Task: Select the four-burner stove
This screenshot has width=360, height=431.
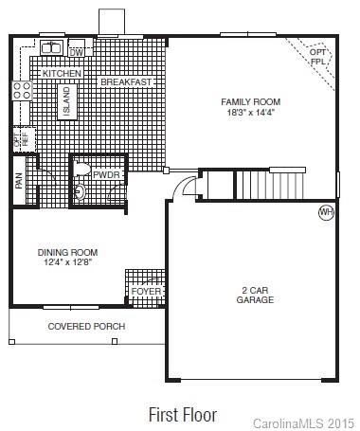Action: (x=20, y=91)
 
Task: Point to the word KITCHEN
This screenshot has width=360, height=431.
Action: (x=62, y=73)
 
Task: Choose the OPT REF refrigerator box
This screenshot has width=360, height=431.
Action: (x=19, y=140)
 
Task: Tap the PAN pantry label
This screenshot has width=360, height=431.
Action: (x=19, y=181)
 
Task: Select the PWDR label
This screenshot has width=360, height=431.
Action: (x=105, y=174)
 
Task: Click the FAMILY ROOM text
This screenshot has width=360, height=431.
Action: (x=250, y=101)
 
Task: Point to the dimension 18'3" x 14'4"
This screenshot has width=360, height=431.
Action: (x=250, y=112)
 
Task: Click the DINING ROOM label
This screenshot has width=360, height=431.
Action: (x=67, y=252)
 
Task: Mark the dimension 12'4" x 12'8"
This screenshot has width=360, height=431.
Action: (x=67, y=262)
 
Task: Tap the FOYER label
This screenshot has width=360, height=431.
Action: (x=146, y=292)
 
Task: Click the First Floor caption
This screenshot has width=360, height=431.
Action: (x=182, y=415)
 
